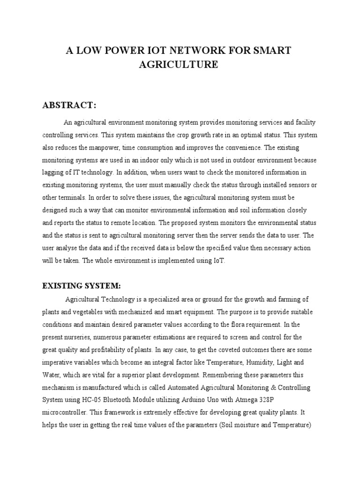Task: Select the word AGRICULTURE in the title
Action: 179,65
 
